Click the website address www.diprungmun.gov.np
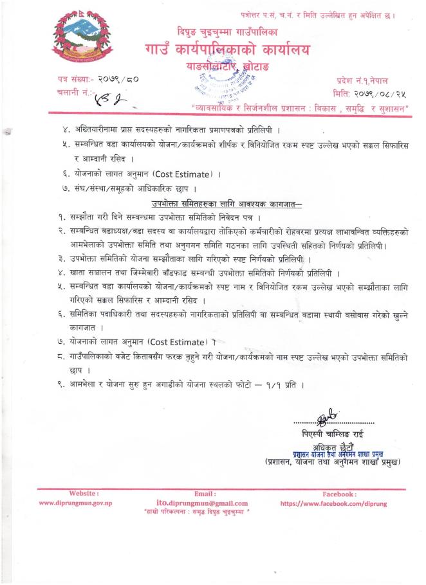(76, 503)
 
